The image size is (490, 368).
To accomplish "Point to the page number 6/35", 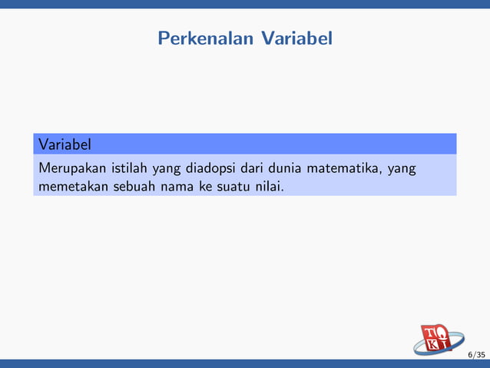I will coord(476,355).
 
